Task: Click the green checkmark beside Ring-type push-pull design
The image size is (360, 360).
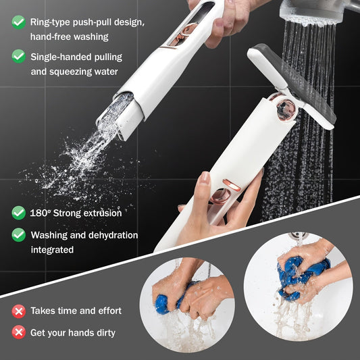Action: [x=19, y=22]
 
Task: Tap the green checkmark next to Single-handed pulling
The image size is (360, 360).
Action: [x=19, y=56]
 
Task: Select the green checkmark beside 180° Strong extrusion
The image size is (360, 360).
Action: [x=19, y=213]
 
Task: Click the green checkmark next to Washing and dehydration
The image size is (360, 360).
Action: [x=19, y=235]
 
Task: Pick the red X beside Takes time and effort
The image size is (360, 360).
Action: [x=19, y=311]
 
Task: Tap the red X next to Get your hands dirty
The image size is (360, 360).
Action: [x=19, y=332]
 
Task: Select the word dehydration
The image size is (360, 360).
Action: [x=111, y=235]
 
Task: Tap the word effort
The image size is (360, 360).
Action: [x=107, y=311]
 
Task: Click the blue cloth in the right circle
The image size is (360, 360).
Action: [x=301, y=273]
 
